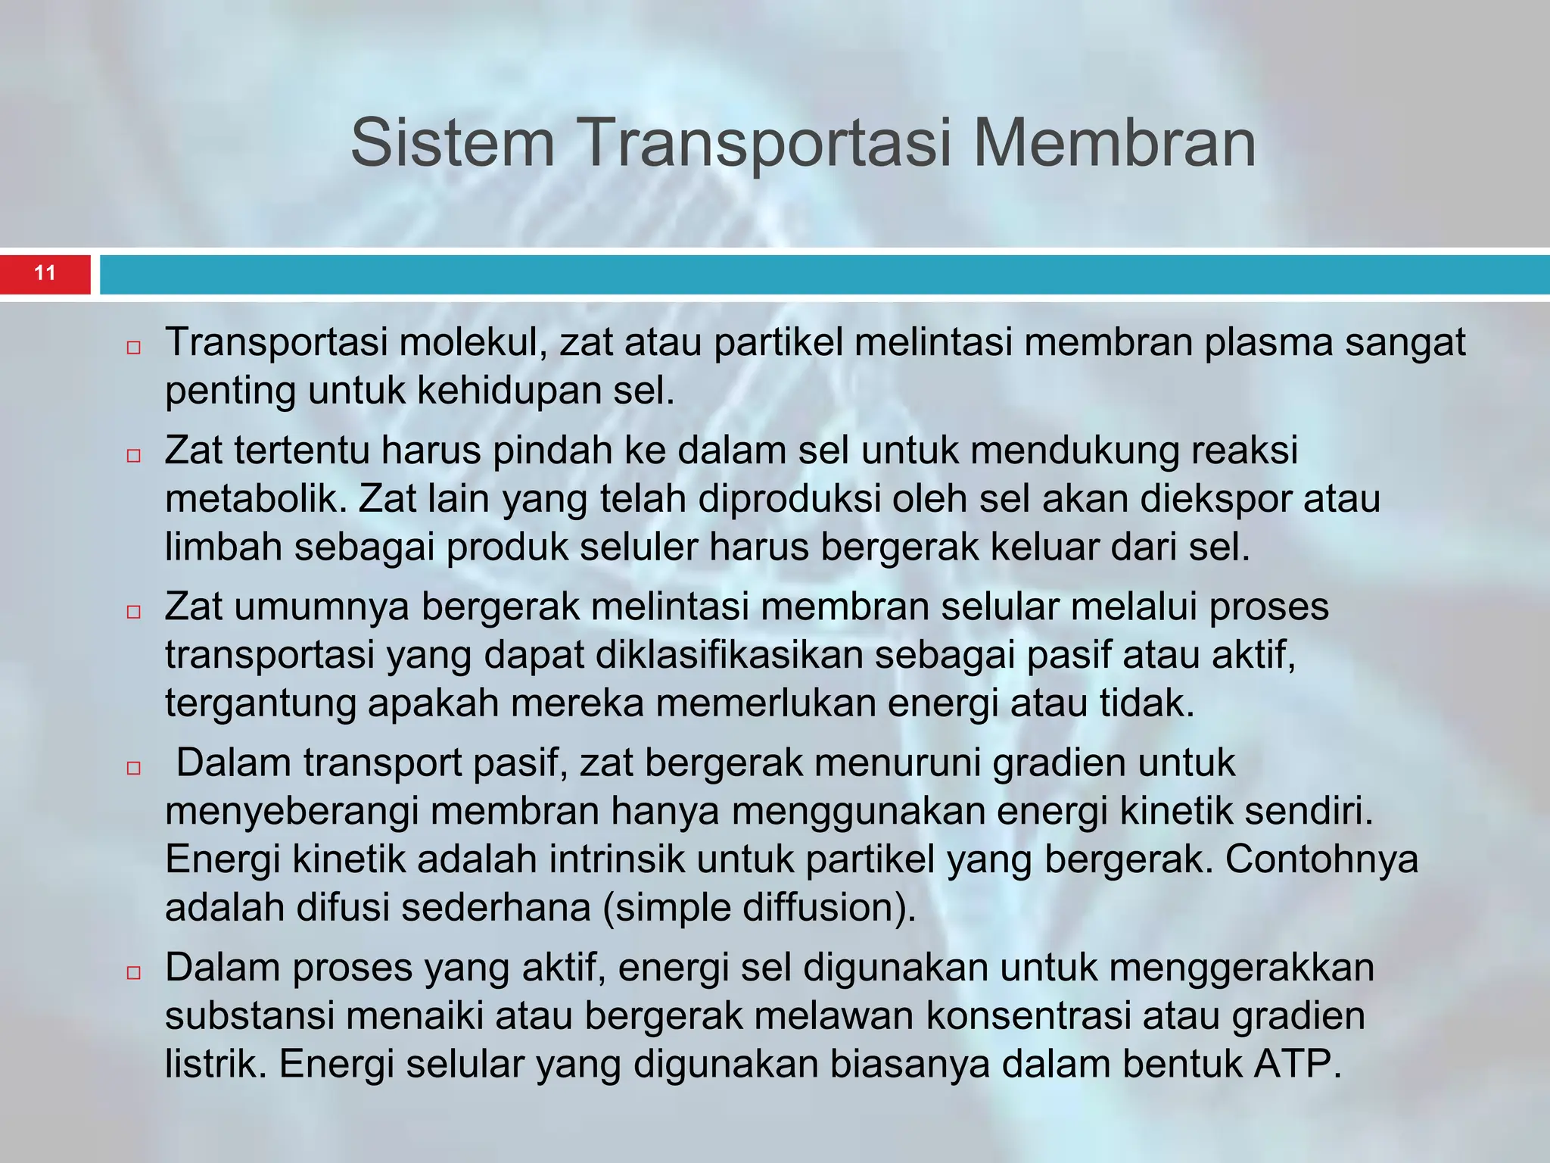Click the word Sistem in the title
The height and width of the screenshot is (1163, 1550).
(x=453, y=144)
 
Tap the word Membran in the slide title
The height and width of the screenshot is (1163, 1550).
(x=1114, y=144)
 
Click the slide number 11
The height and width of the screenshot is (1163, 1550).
(x=45, y=273)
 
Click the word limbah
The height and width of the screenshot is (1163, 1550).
(x=223, y=547)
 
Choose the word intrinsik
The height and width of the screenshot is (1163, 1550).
(x=617, y=859)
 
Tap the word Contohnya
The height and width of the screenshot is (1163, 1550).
(x=1321, y=859)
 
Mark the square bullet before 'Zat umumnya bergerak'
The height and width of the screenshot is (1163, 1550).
(x=134, y=612)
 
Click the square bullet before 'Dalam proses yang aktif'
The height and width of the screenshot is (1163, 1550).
(x=134, y=973)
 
